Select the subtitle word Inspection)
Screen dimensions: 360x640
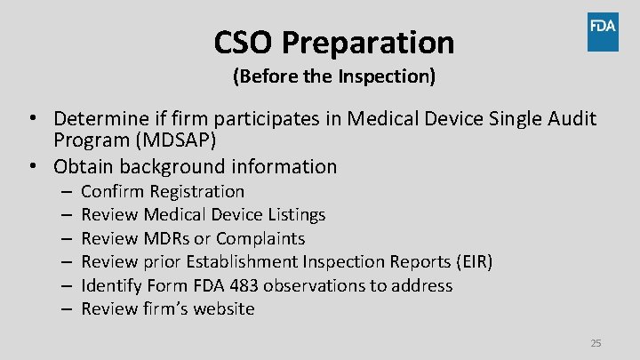[387, 76]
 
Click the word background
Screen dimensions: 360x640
[180, 166]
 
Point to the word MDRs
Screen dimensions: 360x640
[164, 238]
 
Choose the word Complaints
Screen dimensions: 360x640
[260, 238]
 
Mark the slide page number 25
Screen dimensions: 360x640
[596, 343]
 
